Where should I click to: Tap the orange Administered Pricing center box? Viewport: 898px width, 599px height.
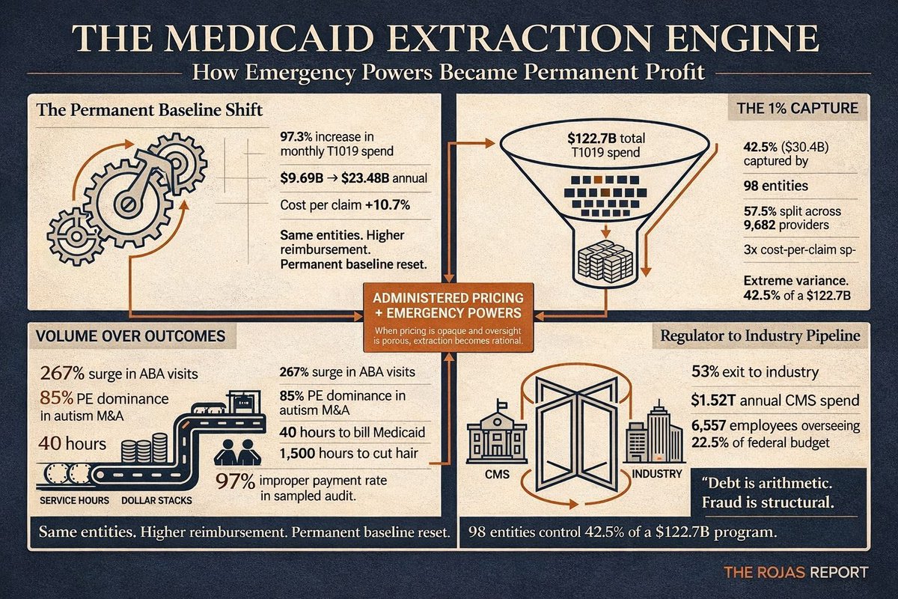(448, 317)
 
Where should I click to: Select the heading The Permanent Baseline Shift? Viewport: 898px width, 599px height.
(149, 110)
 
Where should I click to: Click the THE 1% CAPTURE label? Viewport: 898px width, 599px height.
(798, 109)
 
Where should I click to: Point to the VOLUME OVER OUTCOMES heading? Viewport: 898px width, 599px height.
(131, 335)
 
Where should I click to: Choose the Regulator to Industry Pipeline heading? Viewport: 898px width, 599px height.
(760, 335)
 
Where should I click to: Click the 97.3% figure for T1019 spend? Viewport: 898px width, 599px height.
(296, 137)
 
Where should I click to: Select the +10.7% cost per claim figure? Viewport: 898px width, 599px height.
(388, 205)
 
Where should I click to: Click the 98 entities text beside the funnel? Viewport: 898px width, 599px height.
(776, 186)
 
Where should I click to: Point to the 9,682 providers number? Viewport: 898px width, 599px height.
(760, 225)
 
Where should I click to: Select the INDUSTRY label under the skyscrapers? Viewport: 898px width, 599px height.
(657, 474)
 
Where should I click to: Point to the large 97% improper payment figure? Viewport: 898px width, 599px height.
(235, 482)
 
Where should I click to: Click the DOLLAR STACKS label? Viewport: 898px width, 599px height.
(156, 501)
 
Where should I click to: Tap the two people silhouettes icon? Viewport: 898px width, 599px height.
(238, 452)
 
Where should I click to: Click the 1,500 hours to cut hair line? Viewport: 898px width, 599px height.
(349, 453)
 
